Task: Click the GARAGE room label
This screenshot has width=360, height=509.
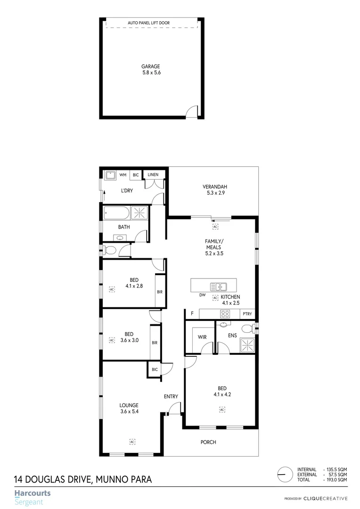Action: tap(151, 66)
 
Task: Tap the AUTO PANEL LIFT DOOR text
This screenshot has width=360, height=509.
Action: tap(149, 23)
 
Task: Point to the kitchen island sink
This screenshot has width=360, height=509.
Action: tap(219, 286)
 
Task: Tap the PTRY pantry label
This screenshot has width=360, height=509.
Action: tap(247, 314)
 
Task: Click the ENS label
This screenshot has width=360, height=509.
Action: tap(232, 336)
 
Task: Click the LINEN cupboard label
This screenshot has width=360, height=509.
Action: tap(153, 175)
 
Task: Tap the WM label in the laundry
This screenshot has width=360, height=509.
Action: tap(123, 175)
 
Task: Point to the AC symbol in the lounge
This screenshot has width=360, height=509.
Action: tap(132, 441)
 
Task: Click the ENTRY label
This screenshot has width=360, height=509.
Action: tap(171, 396)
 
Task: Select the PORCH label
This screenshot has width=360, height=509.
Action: tap(208, 442)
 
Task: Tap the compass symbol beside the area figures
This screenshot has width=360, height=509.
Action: tap(284, 475)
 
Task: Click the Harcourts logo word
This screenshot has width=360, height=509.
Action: tap(32, 493)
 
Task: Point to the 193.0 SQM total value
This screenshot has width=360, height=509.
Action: tap(337, 480)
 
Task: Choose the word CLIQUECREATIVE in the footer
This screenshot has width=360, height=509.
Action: tap(326, 499)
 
